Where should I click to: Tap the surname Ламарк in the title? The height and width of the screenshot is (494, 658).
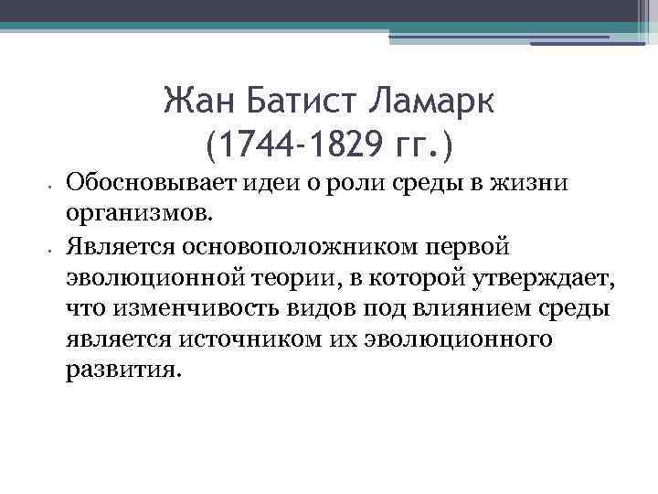click(435, 102)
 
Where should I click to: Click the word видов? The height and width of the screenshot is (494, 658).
click(310, 309)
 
